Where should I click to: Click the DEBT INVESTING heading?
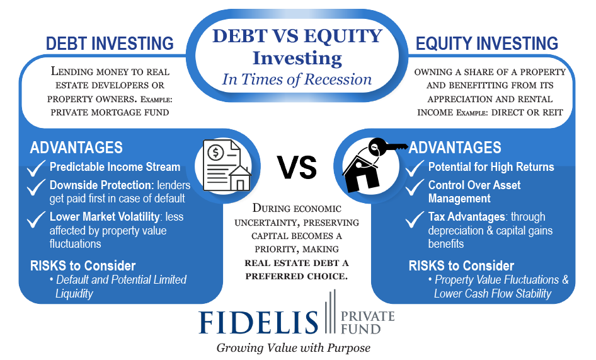click(110, 44)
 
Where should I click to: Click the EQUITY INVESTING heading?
click(486, 44)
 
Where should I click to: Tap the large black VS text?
click(297, 168)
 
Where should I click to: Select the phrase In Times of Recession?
click(297, 79)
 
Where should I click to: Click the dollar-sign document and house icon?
click(227, 166)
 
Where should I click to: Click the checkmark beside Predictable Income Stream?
click(36, 168)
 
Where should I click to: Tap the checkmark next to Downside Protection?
click(36, 187)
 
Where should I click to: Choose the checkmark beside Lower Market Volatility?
click(36, 219)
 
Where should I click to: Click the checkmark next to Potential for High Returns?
click(415, 168)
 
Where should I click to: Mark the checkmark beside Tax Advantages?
click(415, 219)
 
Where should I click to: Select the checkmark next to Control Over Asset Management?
click(415, 187)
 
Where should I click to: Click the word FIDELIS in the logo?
click(258, 323)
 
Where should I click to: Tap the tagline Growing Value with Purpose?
click(294, 348)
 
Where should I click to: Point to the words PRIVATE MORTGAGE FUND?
click(110, 113)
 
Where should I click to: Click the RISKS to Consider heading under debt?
click(83, 265)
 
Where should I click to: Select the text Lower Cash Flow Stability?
click(493, 294)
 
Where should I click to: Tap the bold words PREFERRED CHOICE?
click(297, 276)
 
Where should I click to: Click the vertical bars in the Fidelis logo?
click(330, 311)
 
